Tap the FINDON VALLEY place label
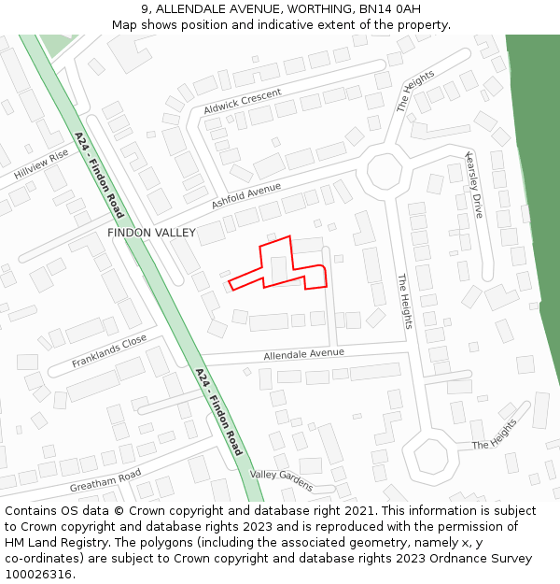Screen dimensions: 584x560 coord(151,233)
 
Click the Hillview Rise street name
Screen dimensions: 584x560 coord(41,164)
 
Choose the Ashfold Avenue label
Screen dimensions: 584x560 coord(245,194)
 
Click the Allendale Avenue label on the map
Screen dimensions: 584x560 coord(303,354)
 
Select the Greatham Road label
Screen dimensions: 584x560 coord(105,481)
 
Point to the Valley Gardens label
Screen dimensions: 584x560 coord(281,479)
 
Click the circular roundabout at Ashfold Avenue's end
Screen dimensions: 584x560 coord(384,172)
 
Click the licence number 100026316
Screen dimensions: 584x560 coord(38,574)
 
